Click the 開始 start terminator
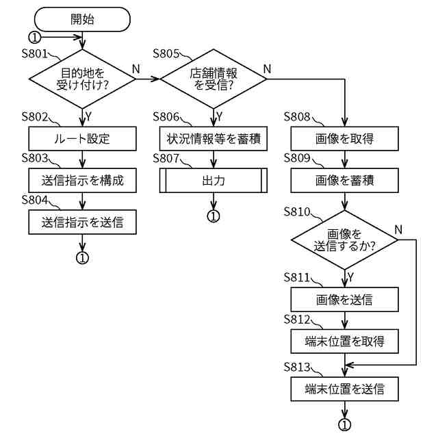pos(82,19)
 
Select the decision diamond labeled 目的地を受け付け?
pos(82,79)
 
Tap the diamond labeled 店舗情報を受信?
pos(214,79)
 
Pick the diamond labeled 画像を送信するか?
pos(344,240)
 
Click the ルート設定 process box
pos(82,138)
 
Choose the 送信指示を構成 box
pos(82,180)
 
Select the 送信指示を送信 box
pos(82,222)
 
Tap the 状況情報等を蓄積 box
pos(214,138)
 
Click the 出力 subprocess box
pos(214,180)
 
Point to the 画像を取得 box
pos(344,138)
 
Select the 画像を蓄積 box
pos(344,180)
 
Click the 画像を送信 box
pos(344,300)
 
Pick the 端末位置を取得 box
pos(344,341)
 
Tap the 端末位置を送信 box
pos(344,389)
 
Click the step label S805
pos(166,53)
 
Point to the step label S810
pos(297,211)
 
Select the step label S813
pos(297,367)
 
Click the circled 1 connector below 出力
pos(214,216)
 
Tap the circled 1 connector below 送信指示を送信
pos(82,257)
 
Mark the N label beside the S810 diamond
pos(398,230)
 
